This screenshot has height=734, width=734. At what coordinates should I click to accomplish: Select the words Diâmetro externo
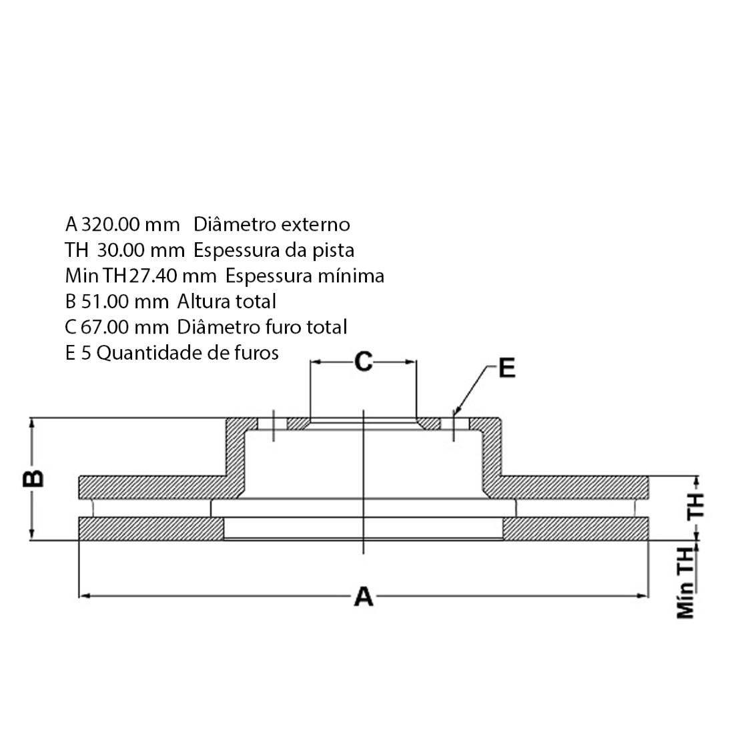272,224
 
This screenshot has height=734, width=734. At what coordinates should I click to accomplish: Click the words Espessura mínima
304,276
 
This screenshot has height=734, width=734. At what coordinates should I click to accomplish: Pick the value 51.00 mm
125,301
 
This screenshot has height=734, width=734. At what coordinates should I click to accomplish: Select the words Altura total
226,301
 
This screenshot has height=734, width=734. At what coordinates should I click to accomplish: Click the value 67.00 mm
125,327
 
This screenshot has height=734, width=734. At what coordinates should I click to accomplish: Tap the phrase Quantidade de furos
188,352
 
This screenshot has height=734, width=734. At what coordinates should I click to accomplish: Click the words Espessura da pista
274,250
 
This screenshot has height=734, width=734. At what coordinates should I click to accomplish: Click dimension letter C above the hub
363,362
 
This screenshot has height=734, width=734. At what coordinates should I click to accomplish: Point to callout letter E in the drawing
507,368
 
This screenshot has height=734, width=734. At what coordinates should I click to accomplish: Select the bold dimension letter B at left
34,478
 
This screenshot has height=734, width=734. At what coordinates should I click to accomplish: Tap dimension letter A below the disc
363,596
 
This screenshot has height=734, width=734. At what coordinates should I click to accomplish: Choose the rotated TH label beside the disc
695,506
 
